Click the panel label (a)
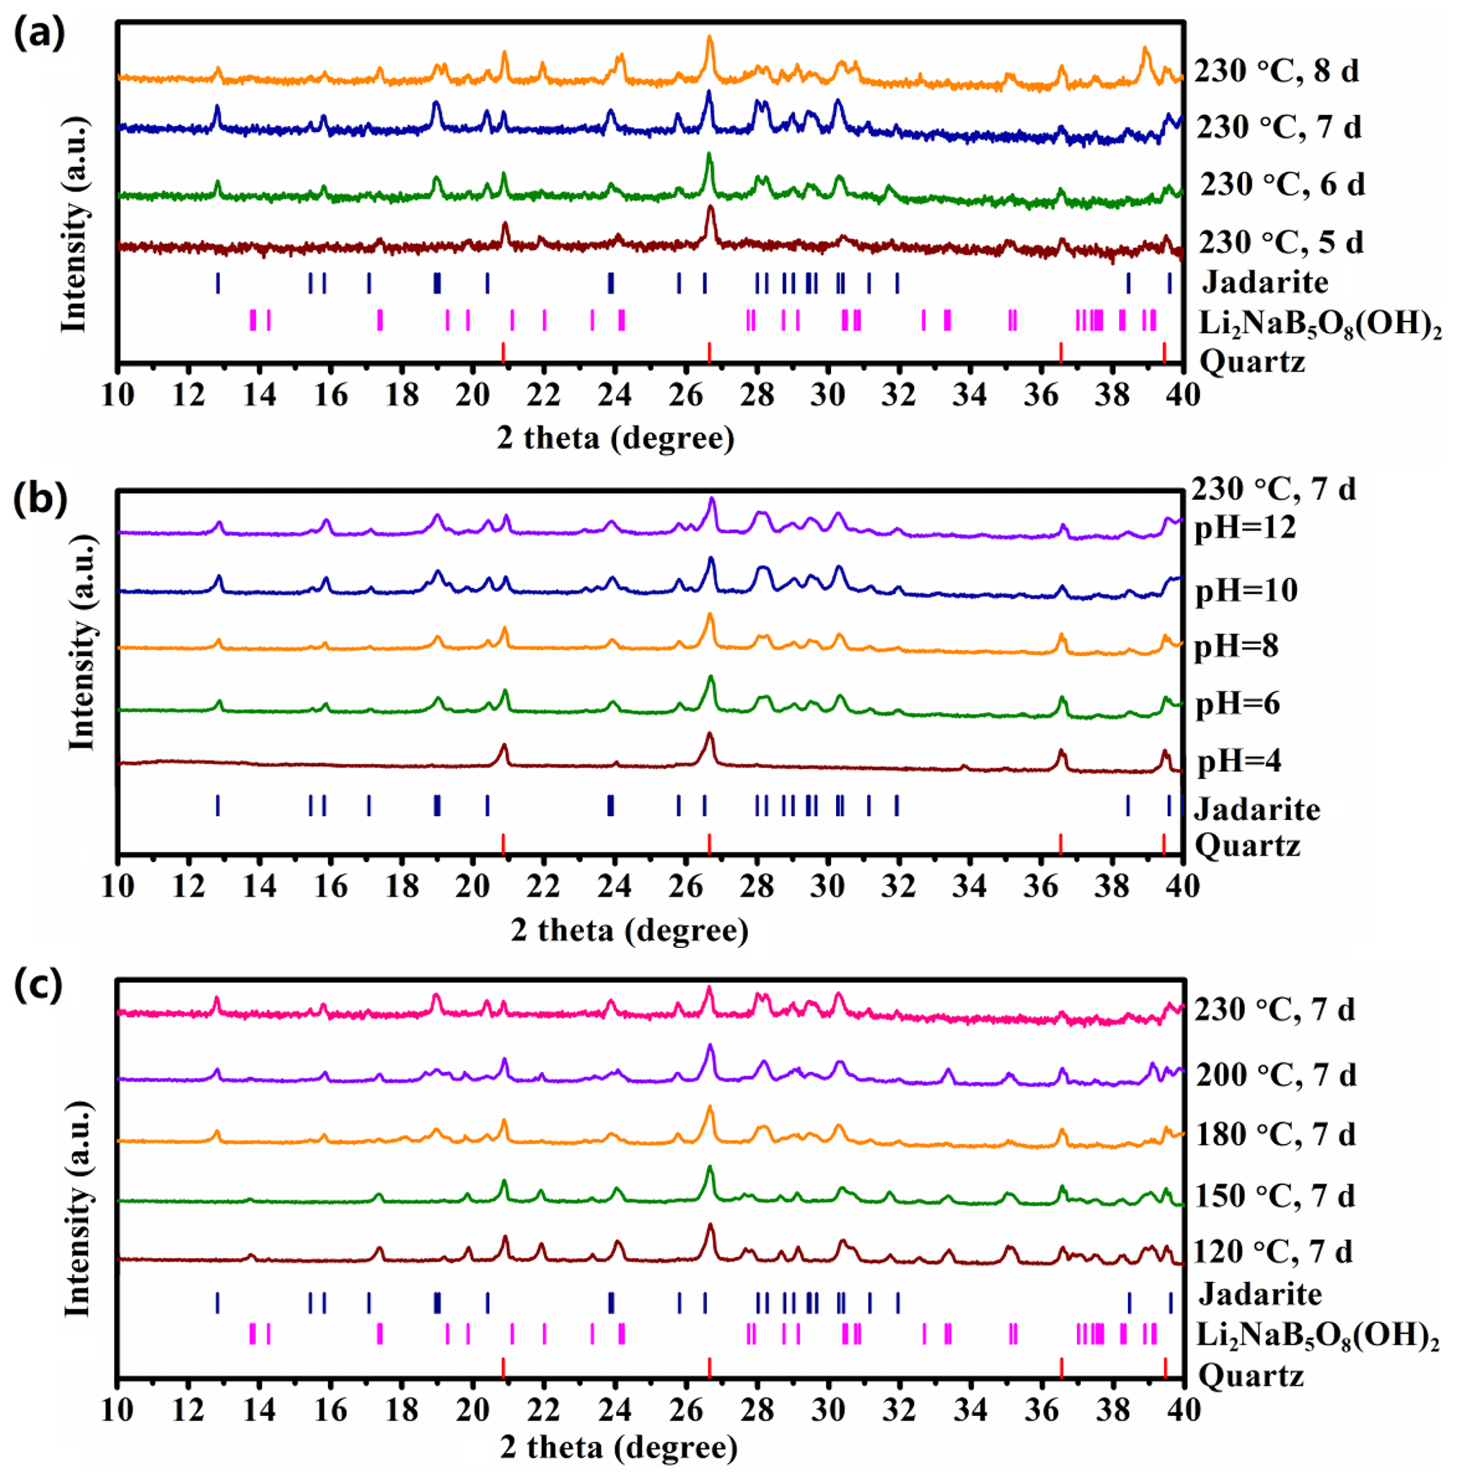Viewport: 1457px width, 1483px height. (x=39, y=34)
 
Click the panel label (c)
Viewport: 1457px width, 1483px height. (x=39, y=985)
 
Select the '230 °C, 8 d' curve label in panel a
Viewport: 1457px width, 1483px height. (x=1277, y=70)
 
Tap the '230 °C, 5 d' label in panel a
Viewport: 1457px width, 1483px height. (x=1280, y=242)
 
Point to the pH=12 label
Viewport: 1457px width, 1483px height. (x=1245, y=527)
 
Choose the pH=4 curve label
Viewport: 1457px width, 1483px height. (x=1239, y=761)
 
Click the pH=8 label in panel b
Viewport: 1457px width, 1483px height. (x=1236, y=646)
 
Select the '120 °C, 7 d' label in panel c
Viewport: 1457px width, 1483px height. (x=1272, y=1251)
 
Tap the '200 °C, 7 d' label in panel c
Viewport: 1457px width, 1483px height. (x=1276, y=1074)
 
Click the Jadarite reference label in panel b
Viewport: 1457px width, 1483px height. (x=1257, y=809)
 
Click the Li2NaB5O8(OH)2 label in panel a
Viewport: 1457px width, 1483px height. (x=1320, y=323)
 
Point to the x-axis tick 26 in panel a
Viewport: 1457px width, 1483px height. (x=686, y=395)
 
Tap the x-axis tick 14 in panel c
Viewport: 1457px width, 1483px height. (x=259, y=1409)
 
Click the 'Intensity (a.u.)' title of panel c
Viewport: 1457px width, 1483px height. (x=78, y=1209)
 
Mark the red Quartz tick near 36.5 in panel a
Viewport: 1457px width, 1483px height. (x=1061, y=352)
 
